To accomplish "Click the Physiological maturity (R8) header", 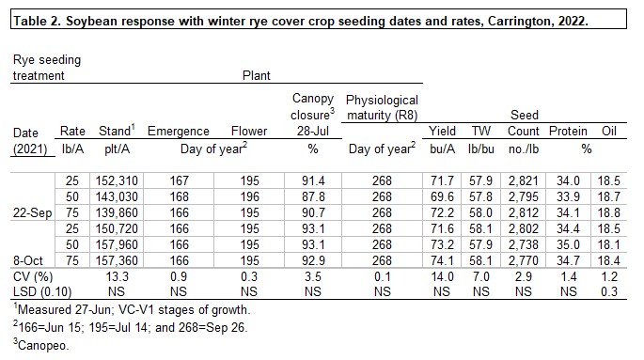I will coord(382,108).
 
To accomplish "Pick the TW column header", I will coord(482,132).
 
